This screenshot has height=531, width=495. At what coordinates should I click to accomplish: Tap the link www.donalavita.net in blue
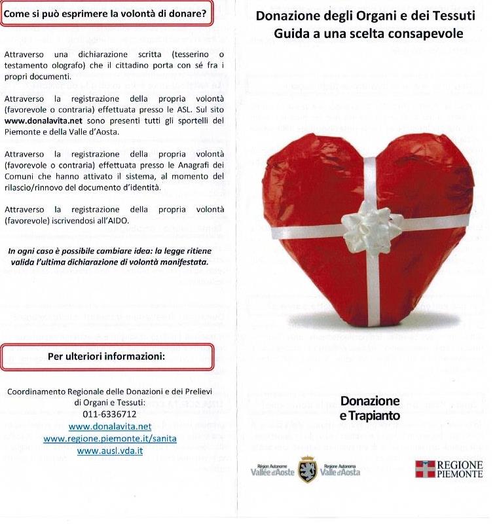(109, 426)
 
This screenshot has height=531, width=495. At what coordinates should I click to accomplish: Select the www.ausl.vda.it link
(109, 451)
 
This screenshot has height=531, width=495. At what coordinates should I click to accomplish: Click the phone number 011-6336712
(109, 414)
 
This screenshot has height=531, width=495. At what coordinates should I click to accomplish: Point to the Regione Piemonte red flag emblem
(425, 469)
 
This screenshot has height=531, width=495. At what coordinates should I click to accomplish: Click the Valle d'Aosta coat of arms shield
(307, 469)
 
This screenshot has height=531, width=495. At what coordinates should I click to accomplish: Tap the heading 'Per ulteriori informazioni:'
(107, 357)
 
